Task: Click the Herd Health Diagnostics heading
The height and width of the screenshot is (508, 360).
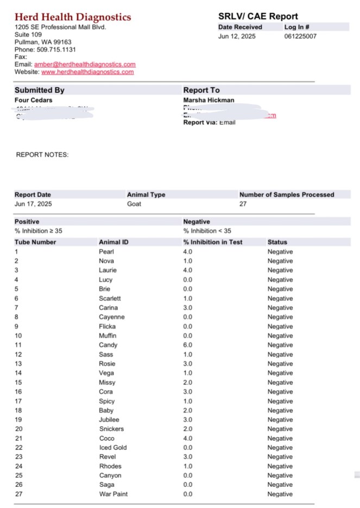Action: [72, 17]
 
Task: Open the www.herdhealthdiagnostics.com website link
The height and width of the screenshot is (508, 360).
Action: [87, 72]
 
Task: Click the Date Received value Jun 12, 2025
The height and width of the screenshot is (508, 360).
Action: [237, 37]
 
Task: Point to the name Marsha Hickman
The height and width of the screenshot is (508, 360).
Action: [208, 100]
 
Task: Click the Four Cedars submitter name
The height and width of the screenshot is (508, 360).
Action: [33, 100]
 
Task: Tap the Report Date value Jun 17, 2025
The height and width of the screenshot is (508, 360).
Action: [33, 204]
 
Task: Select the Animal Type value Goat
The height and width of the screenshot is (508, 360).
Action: [134, 204]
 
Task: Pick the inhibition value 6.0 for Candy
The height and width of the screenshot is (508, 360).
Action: [188, 345]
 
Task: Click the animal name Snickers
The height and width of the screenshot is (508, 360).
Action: [111, 429]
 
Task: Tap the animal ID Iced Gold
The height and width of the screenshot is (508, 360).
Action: [112, 448]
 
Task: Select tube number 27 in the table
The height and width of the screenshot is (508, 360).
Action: [18, 494]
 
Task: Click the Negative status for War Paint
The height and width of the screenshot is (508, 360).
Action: [280, 494]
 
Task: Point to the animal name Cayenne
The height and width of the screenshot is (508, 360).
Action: [111, 317]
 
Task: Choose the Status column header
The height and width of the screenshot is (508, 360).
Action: [277, 242]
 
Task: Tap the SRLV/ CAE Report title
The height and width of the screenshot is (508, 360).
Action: [258, 16]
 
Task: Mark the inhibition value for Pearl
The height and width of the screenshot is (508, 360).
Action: [188, 252]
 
